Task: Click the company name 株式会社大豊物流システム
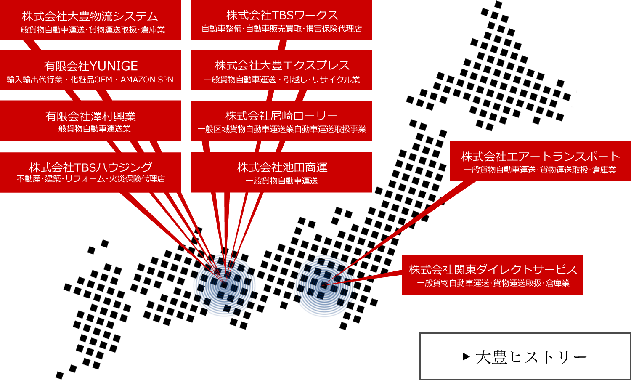click(x=90, y=16)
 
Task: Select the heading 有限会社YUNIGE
click(x=91, y=66)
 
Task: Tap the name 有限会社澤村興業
click(x=91, y=116)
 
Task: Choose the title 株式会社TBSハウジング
click(x=91, y=167)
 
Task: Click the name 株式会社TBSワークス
click(x=282, y=15)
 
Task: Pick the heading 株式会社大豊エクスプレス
click(x=282, y=65)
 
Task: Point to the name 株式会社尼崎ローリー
click(x=281, y=116)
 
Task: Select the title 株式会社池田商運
click(x=282, y=167)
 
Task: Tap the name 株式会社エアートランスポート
click(x=540, y=157)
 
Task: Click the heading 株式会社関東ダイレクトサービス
click(x=493, y=269)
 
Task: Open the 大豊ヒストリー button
click(x=525, y=356)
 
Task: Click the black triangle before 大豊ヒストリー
click(x=466, y=356)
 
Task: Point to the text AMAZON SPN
click(x=147, y=80)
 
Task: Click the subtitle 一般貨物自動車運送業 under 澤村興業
click(x=91, y=129)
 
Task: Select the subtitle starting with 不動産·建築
click(x=91, y=179)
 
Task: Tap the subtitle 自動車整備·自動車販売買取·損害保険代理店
click(x=282, y=29)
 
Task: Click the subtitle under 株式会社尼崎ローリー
click(x=282, y=129)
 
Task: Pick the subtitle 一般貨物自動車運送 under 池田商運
click(x=282, y=181)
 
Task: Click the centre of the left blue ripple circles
click(x=224, y=285)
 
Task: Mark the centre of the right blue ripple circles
click(x=323, y=286)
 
